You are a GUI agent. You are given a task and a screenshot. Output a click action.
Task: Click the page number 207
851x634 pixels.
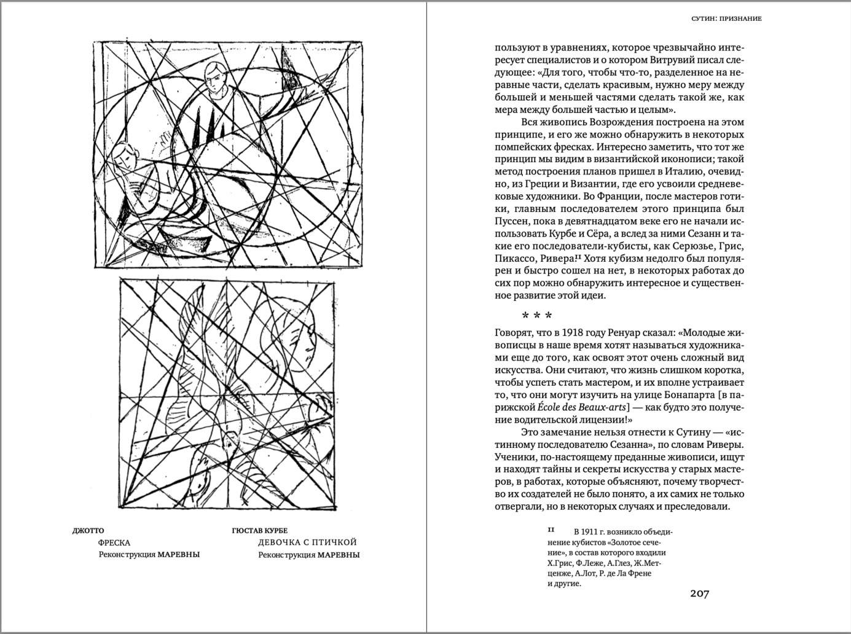click(x=699, y=593)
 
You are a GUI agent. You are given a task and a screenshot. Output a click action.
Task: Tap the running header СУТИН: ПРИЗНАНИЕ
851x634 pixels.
click(x=726, y=18)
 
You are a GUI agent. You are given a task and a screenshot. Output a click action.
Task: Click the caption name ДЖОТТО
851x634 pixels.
click(x=88, y=531)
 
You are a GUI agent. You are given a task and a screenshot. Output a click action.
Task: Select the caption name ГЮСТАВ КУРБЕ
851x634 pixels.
click(x=260, y=531)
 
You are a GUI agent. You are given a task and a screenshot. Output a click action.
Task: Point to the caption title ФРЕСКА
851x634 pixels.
click(x=114, y=542)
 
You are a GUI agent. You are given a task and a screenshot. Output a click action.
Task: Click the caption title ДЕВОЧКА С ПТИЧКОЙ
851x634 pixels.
click(x=307, y=542)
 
